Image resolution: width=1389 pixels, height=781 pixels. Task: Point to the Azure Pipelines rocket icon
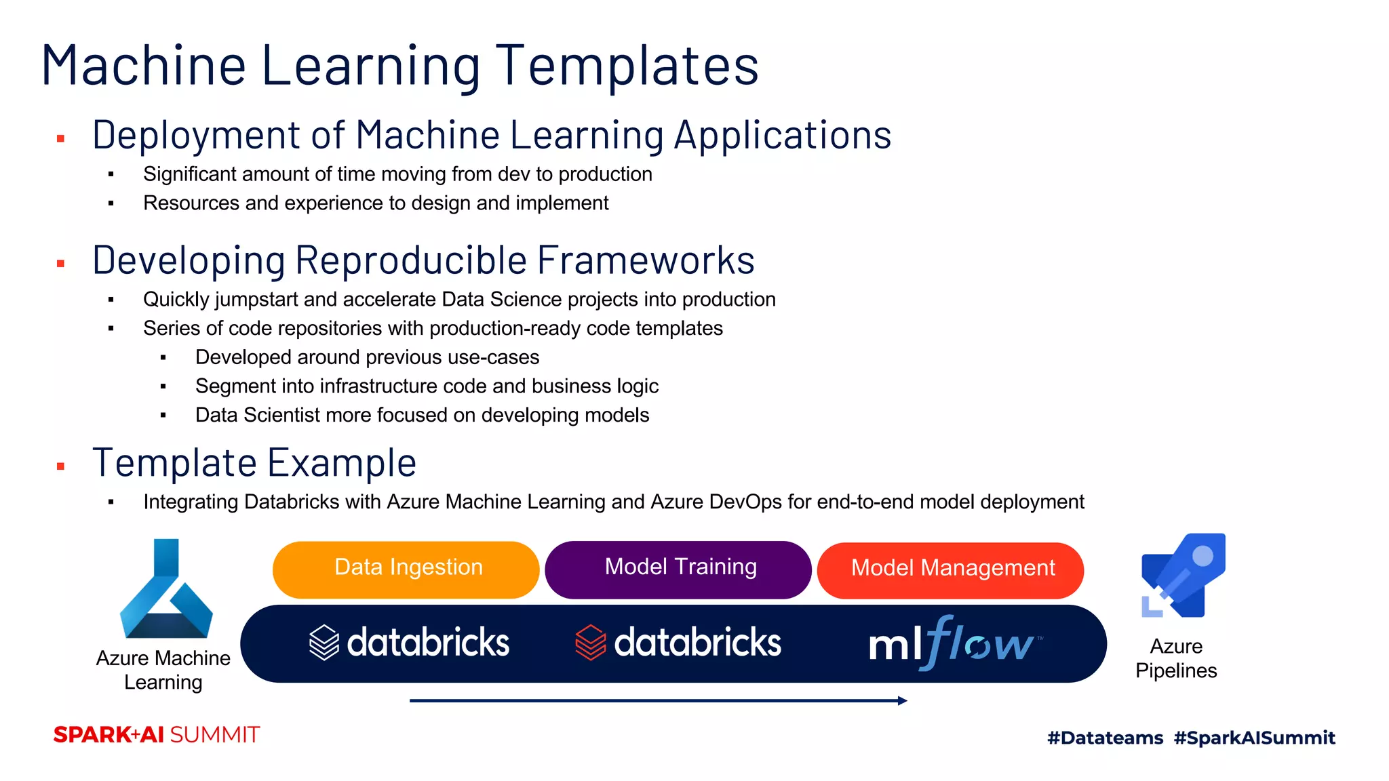(1183, 576)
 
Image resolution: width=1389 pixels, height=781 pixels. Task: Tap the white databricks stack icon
(324, 642)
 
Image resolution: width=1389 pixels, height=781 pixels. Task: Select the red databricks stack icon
(590, 642)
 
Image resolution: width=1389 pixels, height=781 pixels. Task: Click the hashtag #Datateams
(1105, 738)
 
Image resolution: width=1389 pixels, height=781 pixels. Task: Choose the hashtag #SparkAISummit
(1254, 738)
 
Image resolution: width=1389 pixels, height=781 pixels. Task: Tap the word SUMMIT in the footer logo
(214, 735)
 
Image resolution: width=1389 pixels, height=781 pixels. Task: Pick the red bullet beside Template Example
(60, 466)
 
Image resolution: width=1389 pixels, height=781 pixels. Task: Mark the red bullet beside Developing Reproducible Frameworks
(60, 264)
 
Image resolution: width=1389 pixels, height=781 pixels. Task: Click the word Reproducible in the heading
(411, 260)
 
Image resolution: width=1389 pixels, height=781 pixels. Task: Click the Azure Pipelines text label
(1176, 658)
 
